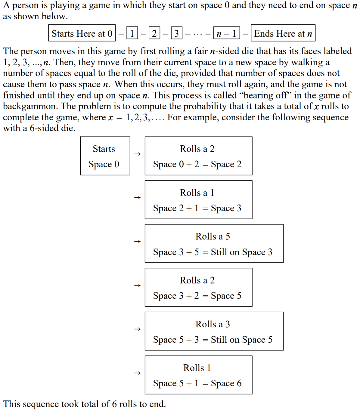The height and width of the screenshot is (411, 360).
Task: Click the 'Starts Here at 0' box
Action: (82, 33)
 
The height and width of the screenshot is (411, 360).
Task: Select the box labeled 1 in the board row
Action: (132, 33)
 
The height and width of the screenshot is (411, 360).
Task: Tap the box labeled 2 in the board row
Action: (154, 33)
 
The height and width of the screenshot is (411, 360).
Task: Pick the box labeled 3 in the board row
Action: (177, 33)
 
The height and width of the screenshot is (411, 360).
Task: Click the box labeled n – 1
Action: (226, 33)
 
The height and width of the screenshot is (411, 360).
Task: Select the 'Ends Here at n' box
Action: (283, 33)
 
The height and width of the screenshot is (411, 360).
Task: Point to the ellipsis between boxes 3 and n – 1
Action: (198, 34)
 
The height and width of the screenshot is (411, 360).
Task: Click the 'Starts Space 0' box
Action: (105, 156)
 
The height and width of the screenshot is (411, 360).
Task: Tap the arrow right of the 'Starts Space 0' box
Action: (138, 154)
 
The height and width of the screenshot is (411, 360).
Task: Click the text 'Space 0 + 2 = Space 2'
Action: (197, 164)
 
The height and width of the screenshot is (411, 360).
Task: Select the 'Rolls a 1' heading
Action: (197, 193)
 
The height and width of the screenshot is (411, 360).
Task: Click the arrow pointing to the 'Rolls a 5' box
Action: (138, 242)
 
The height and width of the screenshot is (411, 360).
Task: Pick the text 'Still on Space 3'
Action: (241, 252)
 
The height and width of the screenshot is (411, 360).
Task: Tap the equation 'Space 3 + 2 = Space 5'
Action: (197, 296)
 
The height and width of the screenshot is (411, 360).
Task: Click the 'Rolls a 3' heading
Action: (213, 324)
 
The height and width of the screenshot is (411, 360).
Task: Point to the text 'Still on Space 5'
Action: (241, 340)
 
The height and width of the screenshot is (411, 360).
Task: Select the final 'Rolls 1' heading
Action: (197, 368)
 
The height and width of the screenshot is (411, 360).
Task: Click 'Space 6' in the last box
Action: (226, 383)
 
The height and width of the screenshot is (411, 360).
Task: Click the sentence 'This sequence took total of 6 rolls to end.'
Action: (85, 404)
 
